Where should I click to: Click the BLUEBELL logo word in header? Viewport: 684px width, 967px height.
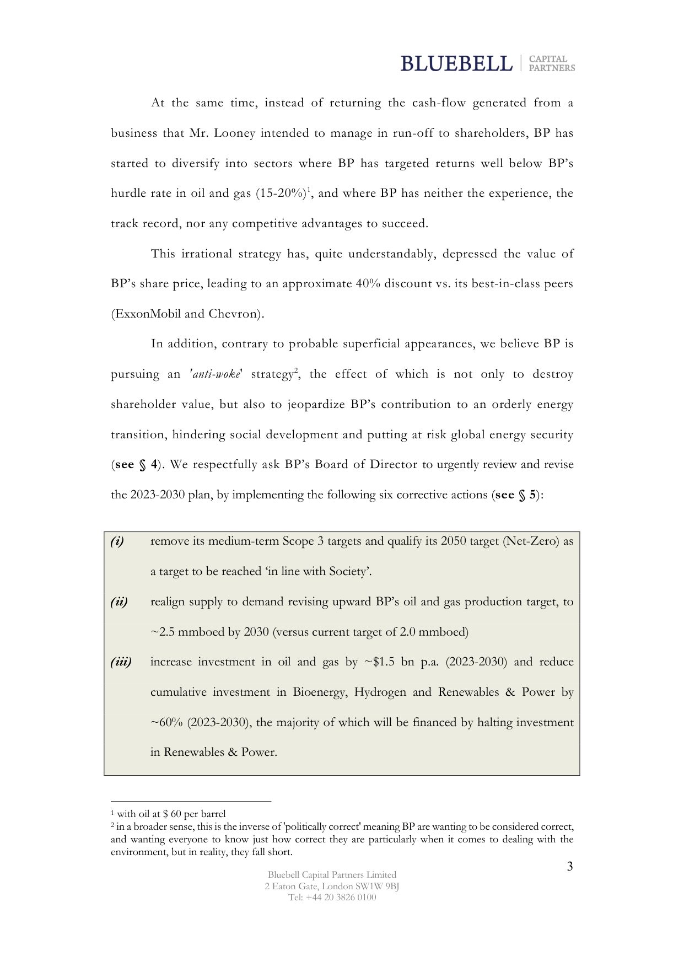tap(456, 63)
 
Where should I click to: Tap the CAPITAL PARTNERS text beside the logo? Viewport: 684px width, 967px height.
tap(551, 63)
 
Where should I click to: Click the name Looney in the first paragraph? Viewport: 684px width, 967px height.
tap(234, 133)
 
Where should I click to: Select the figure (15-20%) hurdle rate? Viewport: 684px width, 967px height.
tap(281, 194)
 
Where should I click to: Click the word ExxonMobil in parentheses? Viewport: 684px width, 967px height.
tap(147, 314)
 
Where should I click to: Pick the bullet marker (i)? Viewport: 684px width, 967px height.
tap(117, 541)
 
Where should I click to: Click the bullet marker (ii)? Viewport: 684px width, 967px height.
tap(119, 602)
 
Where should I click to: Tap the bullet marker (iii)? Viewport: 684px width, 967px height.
tap(121, 662)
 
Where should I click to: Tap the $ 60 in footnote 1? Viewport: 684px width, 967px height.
tap(172, 814)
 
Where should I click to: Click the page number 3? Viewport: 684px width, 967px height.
tap(569, 867)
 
